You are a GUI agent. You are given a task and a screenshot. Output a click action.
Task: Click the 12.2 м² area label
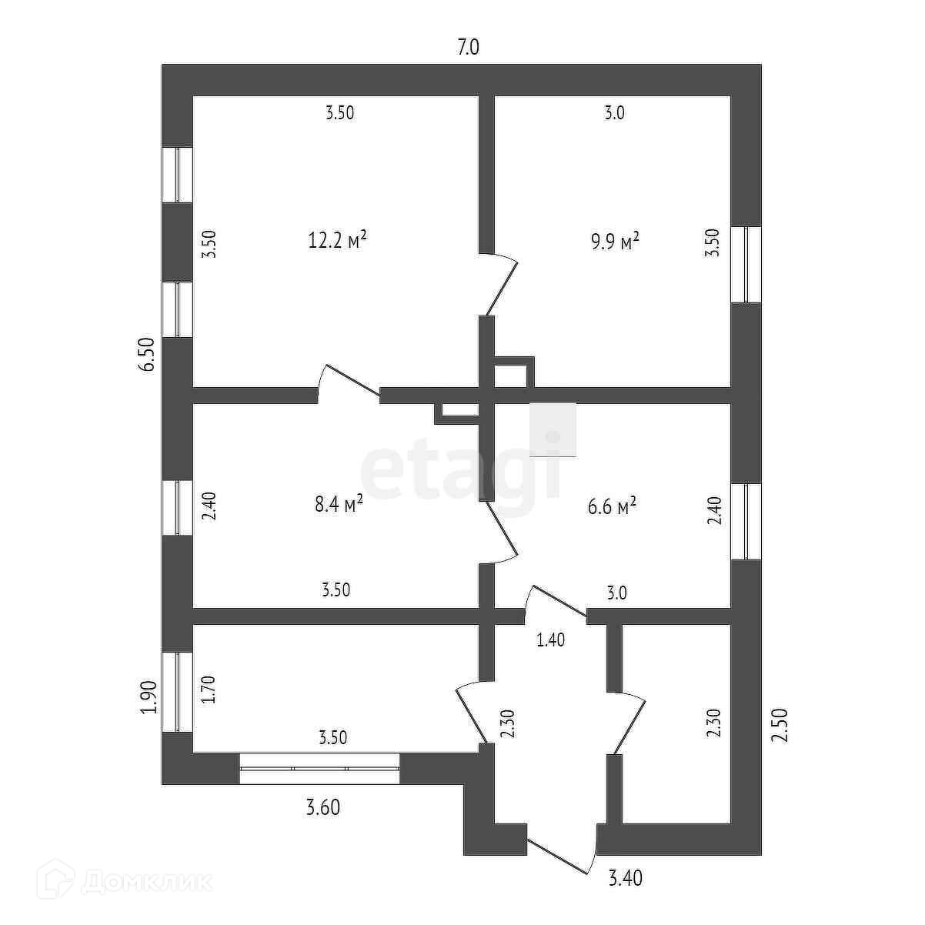point(336,240)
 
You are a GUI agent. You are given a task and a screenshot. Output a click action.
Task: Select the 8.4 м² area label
point(338,505)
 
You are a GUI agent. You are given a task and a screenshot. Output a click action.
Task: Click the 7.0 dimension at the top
point(468,48)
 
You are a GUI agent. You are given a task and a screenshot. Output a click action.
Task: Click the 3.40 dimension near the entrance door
point(626,877)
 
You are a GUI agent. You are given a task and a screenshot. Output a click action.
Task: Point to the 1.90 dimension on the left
point(149,697)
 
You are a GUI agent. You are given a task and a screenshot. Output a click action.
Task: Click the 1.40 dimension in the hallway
point(551,639)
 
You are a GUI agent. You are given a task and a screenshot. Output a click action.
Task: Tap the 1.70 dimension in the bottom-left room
point(207,690)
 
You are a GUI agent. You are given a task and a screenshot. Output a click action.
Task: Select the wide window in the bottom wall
point(319,768)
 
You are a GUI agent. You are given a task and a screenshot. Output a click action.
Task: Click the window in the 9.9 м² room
point(745,264)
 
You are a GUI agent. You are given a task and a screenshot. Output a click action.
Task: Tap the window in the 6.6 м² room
point(745,521)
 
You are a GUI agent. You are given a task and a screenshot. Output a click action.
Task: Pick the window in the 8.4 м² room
point(177,507)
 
